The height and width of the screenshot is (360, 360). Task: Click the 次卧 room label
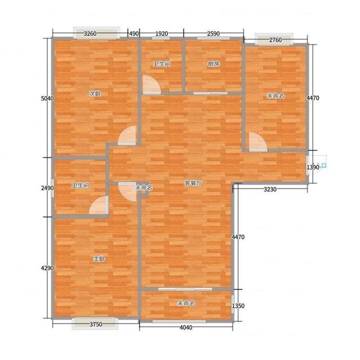click(x=95, y=94)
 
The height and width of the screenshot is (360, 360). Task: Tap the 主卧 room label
click(x=99, y=259)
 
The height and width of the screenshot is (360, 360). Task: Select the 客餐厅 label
click(x=193, y=183)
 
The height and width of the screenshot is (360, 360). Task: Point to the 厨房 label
click(x=214, y=64)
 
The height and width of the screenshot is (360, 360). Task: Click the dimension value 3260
click(x=90, y=34)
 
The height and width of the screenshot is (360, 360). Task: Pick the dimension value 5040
click(x=47, y=98)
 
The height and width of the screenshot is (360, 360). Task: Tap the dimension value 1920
click(x=161, y=34)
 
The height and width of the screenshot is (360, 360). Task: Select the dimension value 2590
click(x=213, y=34)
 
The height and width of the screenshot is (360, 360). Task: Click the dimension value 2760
click(x=275, y=40)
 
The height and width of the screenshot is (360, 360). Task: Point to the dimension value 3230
click(x=270, y=190)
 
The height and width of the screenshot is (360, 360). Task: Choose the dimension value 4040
click(x=186, y=327)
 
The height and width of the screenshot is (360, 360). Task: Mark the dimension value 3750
click(x=96, y=325)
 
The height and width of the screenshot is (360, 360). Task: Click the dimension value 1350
click(x=238, y=306)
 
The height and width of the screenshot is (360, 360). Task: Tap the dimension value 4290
click(x=47, y=268)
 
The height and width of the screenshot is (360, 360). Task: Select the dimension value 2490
click(x=47, y=188)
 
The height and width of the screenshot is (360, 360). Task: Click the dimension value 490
click(x=134, y=34)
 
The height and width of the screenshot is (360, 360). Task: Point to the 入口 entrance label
click(x=322, y=165)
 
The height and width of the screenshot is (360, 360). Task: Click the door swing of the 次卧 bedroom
click(x=127, y=135)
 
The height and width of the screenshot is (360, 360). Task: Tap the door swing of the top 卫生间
click(x=151, y=85)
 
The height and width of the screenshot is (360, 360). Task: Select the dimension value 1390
click(x=313, y=168)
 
